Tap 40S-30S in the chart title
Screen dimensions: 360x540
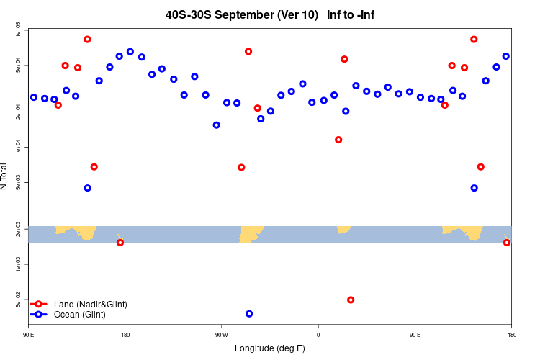point(189,14)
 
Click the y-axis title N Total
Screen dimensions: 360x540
point(5,176)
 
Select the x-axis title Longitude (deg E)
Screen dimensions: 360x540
point(270,348)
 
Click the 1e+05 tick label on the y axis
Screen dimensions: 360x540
point(18,30)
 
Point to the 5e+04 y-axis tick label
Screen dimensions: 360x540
point(18,66)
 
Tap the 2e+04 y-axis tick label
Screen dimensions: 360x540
point(18,112)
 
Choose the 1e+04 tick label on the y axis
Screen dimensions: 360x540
point(18,148)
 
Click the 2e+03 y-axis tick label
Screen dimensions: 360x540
point(18,229)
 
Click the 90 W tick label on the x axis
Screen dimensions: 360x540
point(221,335)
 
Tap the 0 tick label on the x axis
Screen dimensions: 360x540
point(318,335)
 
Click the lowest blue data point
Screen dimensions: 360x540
point(249,314)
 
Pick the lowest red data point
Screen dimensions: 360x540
point(351,300)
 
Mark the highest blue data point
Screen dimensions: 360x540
point(130,52)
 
